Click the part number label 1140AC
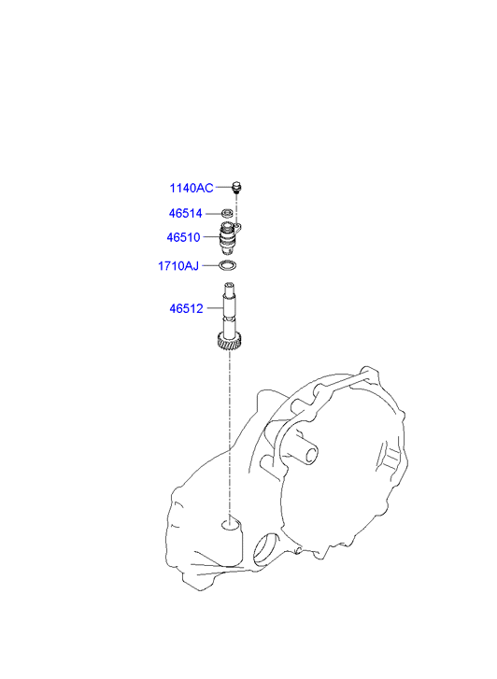tap(192, 189)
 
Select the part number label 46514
tap(186, 214)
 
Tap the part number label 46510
tap(183, 237)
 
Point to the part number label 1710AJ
tap(178, 266)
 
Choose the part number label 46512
tap(186, 309)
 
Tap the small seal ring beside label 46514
tap(228, 213)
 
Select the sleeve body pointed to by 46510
tap(227, 239)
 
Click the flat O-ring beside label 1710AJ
tap(228, 265)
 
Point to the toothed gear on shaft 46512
tap(230, 340)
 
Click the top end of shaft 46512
tap(230, 284)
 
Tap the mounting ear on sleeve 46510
tap(237, 227)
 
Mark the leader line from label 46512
tap(215, 308)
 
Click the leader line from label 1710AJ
tap(210, 265)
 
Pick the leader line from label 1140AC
tap(224, 188)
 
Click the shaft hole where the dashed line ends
tap(230, 525)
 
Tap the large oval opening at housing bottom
tap(264, 549)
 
